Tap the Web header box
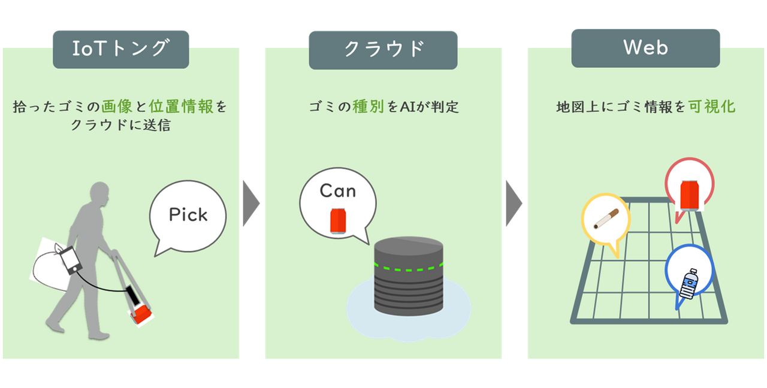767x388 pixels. (645, 48)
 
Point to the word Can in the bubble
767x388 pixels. (338, 191)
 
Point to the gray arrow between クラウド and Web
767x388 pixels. (514, 203)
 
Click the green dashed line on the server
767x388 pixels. (407, 267)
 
